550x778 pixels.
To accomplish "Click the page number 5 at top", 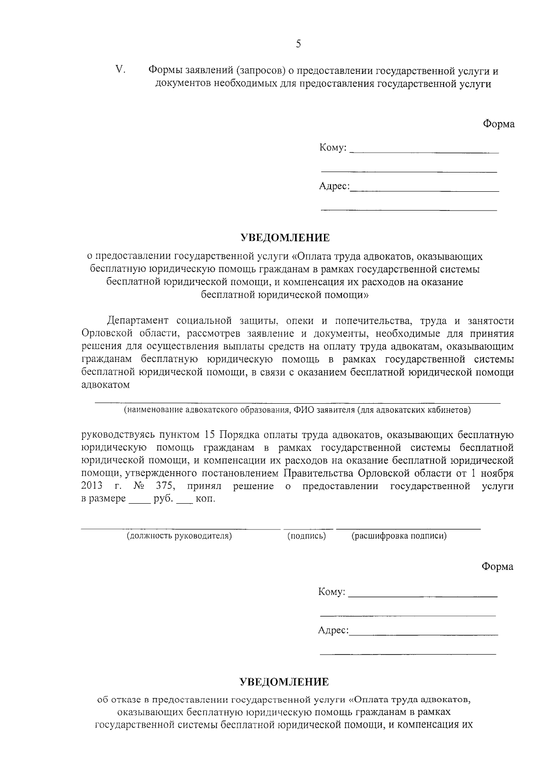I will (299, 44).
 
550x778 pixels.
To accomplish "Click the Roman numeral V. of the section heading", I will (121, 70).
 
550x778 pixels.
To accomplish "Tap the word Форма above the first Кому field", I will (499, 124).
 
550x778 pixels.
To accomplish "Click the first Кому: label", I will (333, 148).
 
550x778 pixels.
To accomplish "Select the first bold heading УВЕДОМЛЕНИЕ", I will (285, 238).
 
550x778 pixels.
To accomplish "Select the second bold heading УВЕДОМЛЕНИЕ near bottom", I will (285, 682).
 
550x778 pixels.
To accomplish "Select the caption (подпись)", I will (306, 536).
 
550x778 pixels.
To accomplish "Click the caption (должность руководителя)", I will (179, 536).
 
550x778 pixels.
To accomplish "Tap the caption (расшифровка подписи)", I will (399, 536).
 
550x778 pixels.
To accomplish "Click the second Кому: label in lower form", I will (332, 592).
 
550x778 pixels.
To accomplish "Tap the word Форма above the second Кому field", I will (498, 567).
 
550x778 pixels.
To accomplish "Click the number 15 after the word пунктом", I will (207, 434).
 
